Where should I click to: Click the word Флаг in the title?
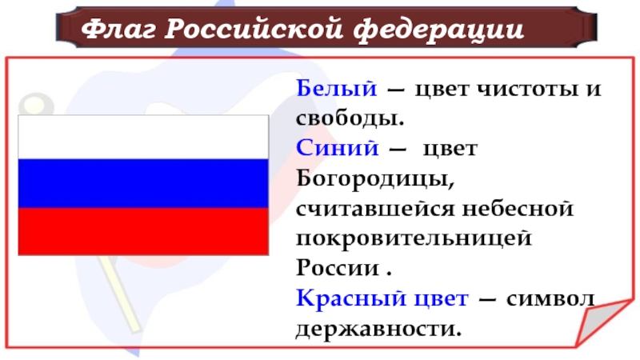(118, 29)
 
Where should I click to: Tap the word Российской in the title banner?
(254, 29)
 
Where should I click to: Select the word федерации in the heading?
(438, 30)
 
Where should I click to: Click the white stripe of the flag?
(143, 137)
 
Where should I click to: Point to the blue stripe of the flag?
(143, 183)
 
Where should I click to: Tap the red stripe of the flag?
(143, 231)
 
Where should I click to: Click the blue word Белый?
(336, 88)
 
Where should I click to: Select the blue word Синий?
(338, 147)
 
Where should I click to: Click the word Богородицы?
(375, 178)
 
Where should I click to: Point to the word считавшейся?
(375, 209)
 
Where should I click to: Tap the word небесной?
(518, 209)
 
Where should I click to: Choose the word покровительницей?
(414, 238)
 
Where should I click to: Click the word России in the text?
(338, 268)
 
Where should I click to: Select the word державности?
(378, 329)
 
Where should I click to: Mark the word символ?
(550, 298)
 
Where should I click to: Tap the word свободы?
(350, 118)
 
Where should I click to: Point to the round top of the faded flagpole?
(36, 105)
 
